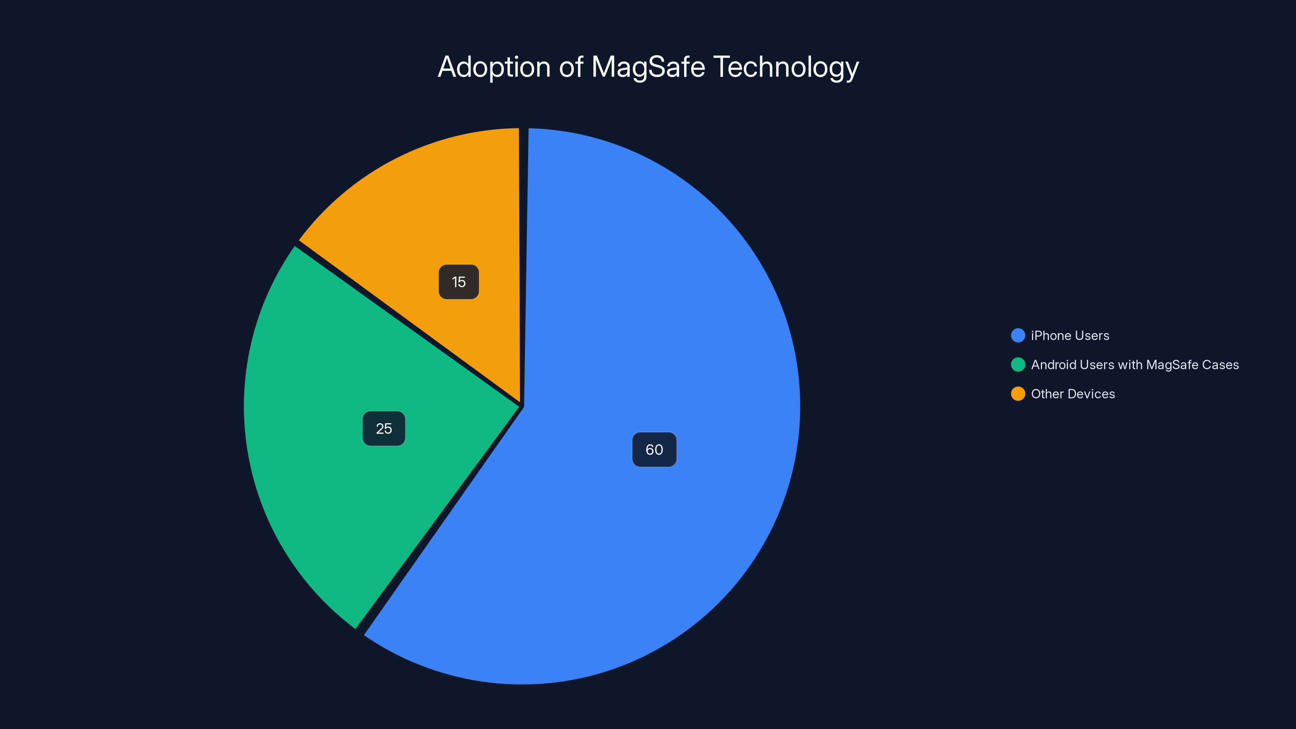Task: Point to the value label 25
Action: [x=384, y=428]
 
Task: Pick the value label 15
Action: [x=458, y=282]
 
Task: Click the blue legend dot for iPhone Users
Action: [x=1018, y=336]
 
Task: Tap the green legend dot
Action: [x=1018, y=365]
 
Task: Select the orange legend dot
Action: [x=1018, y=394]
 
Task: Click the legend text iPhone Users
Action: [x=1070, y=336]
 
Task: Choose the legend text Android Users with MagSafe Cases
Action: [x=1134, y=365]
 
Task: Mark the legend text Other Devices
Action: [x=1072, y=394]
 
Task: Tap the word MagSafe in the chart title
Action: [x=648, y=67]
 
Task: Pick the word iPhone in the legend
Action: [x=1051, y=336]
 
